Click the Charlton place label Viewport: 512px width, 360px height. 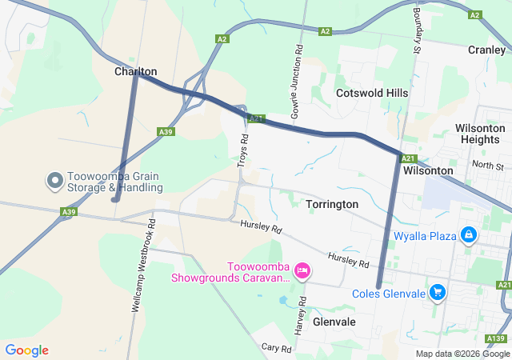[x=135, y=71]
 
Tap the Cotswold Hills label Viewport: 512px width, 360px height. [x=372, y=93]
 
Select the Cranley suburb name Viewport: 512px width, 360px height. [x=486, y=50]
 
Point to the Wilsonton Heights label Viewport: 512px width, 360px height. [x=480, y=134]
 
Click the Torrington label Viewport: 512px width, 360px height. [x=332, y=204]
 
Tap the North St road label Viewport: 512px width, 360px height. [x=487, y=166]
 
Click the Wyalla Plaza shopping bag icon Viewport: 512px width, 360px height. [x=469, y=236]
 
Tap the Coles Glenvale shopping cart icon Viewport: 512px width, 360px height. [x=438, y=293]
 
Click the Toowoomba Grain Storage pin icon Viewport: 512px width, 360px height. [x=55, y=182]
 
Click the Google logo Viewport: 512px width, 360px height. [x=26, y=350]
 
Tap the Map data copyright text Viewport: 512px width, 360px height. [x=462, y=354]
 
